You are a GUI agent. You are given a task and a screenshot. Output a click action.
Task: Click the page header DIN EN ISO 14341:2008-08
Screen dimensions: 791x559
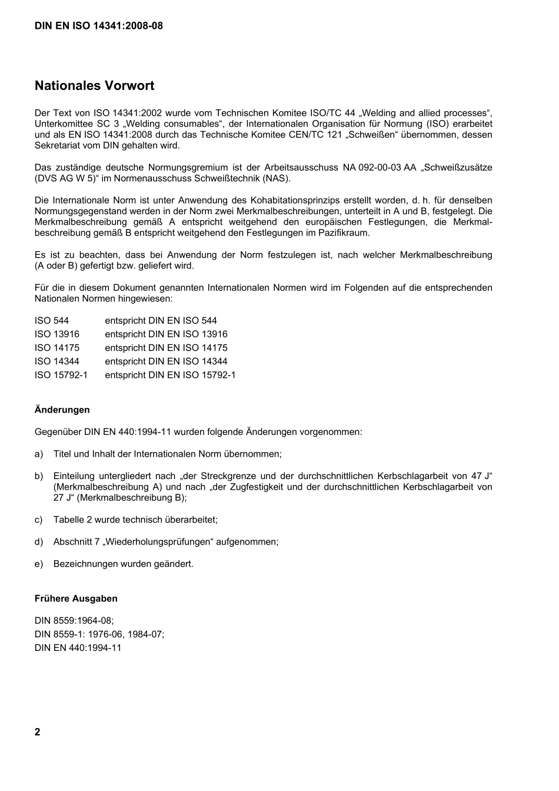coord(99,26)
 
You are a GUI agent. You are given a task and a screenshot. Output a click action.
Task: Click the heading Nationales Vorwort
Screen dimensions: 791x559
coord(94,86)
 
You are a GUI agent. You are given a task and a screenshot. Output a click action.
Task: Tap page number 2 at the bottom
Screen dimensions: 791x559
coord(38,732)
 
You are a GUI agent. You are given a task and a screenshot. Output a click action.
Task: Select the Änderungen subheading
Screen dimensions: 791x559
coord(62,410)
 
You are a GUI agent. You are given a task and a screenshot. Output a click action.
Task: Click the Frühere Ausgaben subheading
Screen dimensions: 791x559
coord(76,599)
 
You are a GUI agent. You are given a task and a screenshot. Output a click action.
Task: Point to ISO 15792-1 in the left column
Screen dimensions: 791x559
coord(61,375)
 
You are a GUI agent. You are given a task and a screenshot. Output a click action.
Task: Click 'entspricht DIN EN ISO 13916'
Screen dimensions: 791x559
coord(166,334)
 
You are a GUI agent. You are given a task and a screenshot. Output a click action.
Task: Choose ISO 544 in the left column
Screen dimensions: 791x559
coord(52,321)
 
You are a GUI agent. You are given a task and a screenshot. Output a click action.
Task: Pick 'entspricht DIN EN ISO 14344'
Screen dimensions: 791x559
coord(166,361)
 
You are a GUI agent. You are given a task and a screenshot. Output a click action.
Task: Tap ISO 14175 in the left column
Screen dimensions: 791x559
coord(57,348)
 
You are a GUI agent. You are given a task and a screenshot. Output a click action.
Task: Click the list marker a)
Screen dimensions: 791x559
coord(39,454)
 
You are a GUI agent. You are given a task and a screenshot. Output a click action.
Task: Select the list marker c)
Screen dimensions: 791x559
coord(39,520)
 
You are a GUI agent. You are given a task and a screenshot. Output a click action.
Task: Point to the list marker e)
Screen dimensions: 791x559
coord(39,564)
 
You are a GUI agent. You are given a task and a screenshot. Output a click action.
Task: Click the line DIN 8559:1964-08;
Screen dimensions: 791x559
coord(74,620)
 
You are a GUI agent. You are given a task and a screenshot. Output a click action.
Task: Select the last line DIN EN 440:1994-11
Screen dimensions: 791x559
coord(78,647)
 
